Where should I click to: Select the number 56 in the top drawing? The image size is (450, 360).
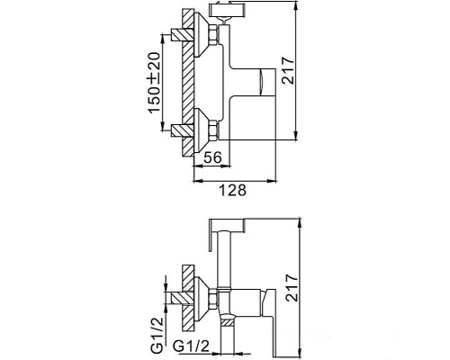(x=213, y=157)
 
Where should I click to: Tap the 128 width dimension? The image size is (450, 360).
(x=234, y=189)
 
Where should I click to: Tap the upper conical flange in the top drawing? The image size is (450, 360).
(x=199, y=35)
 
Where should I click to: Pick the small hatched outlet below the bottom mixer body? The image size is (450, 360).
(x=230, y=320)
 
